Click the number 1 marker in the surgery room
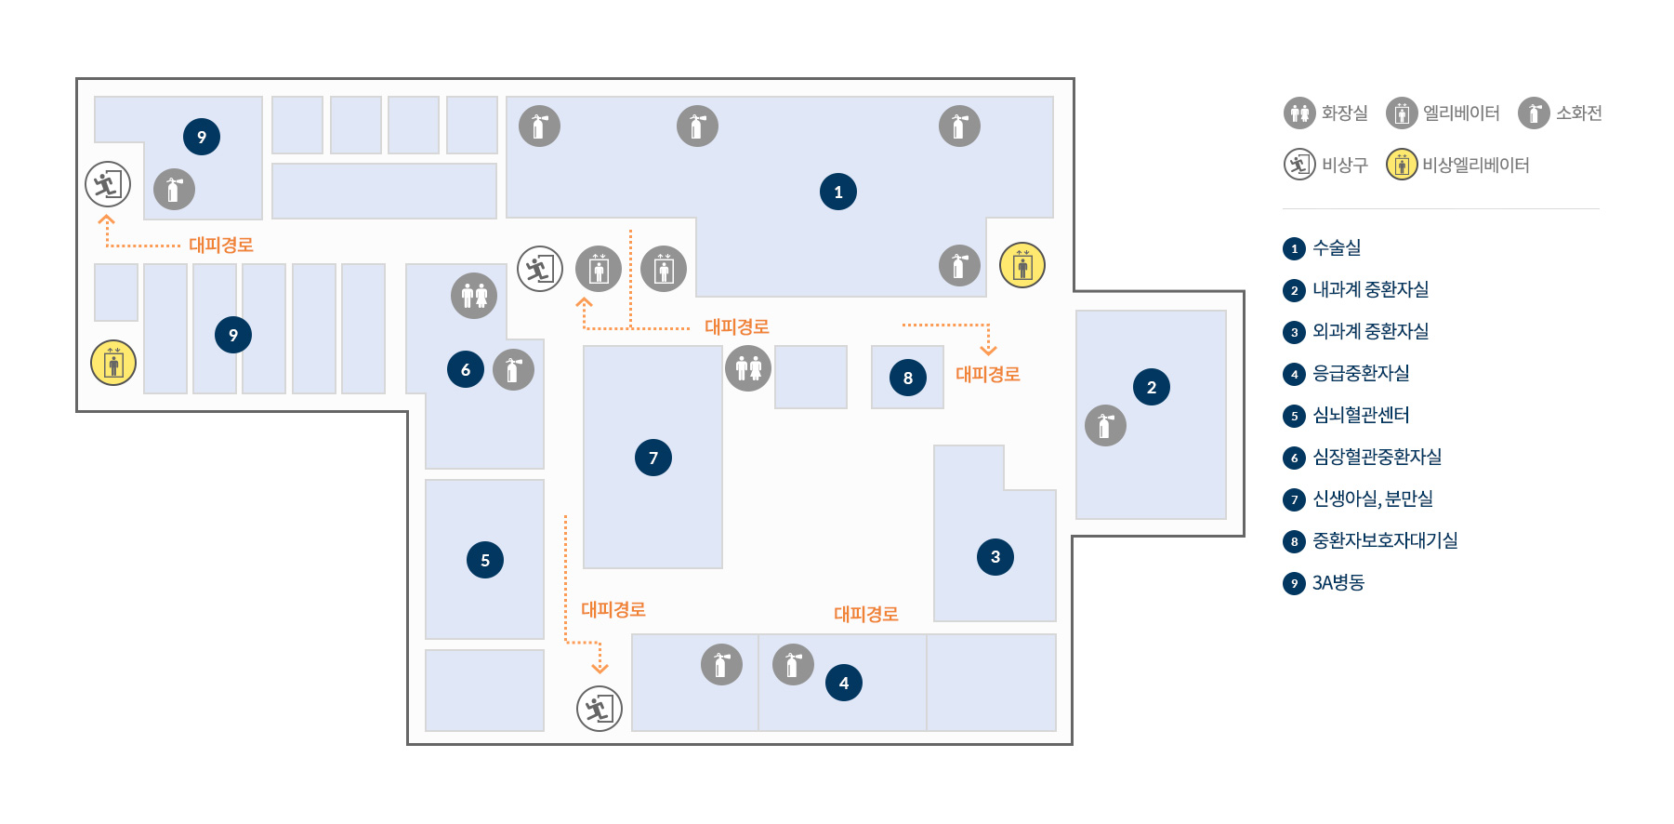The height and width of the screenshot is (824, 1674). pos(838,192)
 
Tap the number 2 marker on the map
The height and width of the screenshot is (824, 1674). pos(1152,387)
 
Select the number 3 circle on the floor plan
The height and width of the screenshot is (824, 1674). pos(995,556)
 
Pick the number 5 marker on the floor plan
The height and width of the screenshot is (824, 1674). pos(485,560)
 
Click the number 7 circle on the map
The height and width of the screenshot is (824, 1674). pos(653,458)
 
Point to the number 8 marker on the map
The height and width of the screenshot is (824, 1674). pos(908,378)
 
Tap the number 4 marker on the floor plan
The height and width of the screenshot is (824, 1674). pos(844,683)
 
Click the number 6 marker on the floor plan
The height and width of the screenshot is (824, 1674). pos(466,369)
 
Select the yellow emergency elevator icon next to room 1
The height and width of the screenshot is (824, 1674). pos(1022,265)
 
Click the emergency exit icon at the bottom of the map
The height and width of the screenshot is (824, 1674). pos(600,709)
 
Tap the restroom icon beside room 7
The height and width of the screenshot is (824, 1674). pos(748,368)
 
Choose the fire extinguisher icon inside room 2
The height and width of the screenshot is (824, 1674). pos(1105,426)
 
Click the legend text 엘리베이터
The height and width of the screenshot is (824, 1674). pos(1461,113)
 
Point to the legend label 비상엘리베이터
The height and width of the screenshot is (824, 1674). pos(1476,165)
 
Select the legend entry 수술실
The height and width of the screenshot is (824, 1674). pos(1337,248)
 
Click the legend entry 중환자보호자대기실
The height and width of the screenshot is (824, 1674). pos(1385,541)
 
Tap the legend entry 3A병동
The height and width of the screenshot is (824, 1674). pos(1338,583)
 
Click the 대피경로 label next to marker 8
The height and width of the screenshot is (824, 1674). pos(988,374)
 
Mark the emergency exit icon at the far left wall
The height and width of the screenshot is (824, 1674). pos(108,184)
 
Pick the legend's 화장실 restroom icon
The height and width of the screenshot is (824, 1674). pos(1299,113)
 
